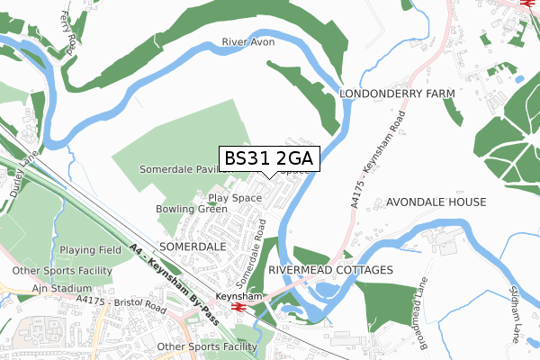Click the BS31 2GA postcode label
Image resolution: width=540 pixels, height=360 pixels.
[x=269, y=158]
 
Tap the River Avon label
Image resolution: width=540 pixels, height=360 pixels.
[x=247, y=42]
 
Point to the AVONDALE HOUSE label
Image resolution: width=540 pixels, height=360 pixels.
[x=436, y=202]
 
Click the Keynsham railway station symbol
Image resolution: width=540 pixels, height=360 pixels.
[x=238, y=306]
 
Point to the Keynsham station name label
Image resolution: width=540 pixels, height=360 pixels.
[x=238, y=295]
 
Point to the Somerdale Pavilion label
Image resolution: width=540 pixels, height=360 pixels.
[x=179, y=169]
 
